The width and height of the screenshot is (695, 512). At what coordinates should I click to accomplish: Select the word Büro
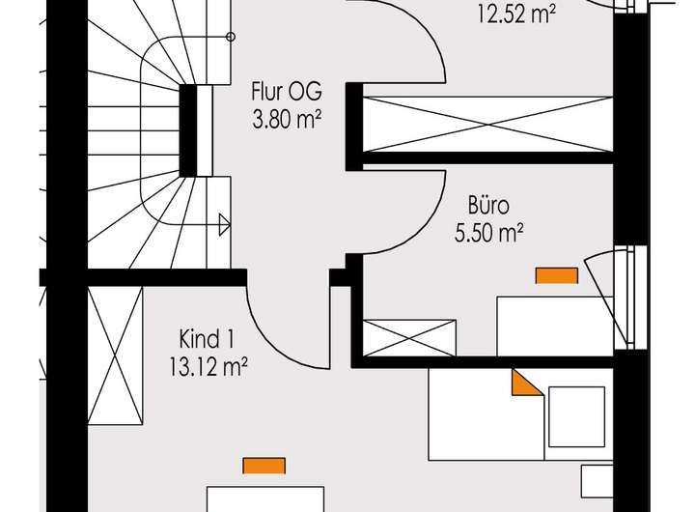[488, 206]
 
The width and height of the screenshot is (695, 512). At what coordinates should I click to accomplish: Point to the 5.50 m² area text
[488, 232]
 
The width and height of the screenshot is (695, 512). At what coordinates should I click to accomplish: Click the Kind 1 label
[207, 339]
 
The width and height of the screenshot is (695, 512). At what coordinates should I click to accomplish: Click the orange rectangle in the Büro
[557, 276]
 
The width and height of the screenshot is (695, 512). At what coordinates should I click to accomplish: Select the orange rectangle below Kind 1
[264, 466]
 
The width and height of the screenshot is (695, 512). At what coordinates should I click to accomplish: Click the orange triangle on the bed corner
[524, 384]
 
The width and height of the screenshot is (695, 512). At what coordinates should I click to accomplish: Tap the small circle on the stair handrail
[230, 38]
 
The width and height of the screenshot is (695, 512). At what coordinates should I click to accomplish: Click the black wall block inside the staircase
[189, 129]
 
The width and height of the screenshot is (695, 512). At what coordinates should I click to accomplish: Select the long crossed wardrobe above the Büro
[487, 124]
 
